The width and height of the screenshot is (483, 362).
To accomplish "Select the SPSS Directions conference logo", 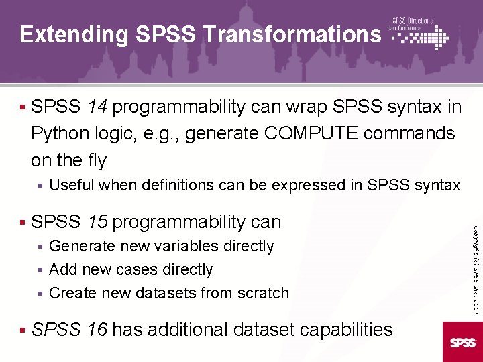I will click(x=420, y=34).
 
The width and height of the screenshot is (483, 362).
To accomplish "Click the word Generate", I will click(x=81, y=247).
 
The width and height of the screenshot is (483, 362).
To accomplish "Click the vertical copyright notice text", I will click(x=474, y=258).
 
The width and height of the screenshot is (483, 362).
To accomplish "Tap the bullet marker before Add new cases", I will click(x=40, y=270).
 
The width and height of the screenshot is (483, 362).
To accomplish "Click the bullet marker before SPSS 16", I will click(x=23, y=329).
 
